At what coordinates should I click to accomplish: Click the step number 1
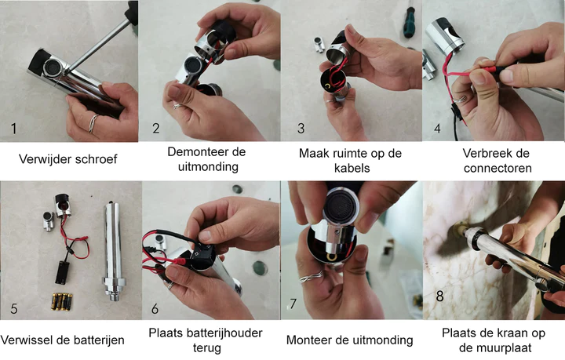point(13,129)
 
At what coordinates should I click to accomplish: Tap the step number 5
point(14,309)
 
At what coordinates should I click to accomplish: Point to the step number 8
point(440,296)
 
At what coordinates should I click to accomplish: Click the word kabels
point(352,168)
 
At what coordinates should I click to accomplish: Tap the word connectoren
point(498,168)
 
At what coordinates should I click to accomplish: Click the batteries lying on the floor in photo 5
point(62,302)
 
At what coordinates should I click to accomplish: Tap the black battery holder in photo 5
point(62,272)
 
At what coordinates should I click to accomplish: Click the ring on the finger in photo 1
point(93,123)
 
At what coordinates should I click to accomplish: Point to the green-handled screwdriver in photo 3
point(410,19)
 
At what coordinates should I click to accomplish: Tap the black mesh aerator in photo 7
point(340,207)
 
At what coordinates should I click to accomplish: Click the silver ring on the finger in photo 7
point(311,277)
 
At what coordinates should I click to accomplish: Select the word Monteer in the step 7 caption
point(309,340)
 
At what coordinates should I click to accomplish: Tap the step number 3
point(301,129)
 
